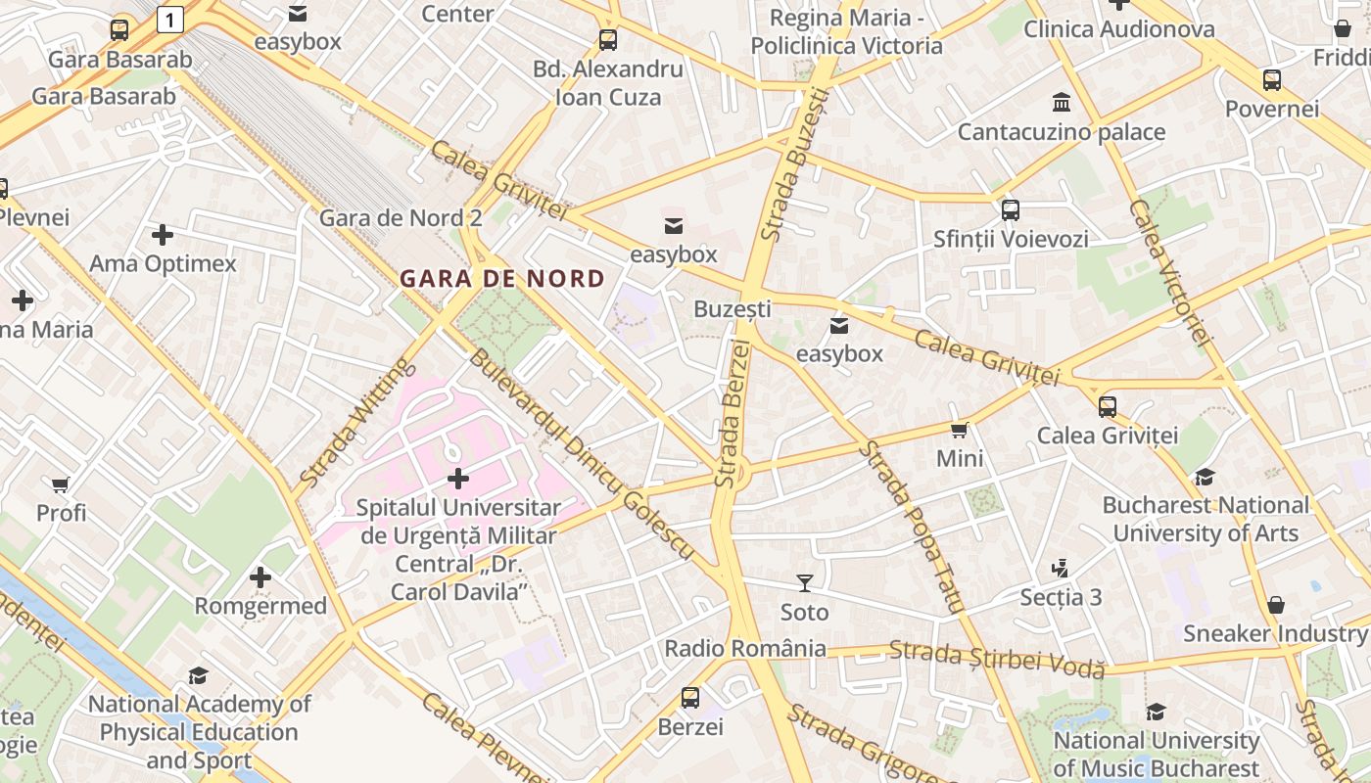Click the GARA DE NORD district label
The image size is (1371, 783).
(501, 278)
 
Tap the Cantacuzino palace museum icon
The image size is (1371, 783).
(1061, 103)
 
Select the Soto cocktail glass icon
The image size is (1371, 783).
(804, 583)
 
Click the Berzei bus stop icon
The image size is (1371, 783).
(690, 698)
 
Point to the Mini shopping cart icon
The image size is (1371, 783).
(960, 430)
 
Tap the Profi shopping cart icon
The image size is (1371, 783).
(61, 484)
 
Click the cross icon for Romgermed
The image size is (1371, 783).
(260, 577)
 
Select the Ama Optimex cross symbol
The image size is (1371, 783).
(163, 235)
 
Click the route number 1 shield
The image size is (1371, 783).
(170, 19)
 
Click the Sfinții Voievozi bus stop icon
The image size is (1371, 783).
(1011, 209)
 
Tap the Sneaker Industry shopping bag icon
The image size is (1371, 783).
(1275, 605)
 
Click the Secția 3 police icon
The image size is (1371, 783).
(1060, 568)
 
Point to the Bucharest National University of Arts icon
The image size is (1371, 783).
(1205, 477)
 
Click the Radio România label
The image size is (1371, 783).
(745, 648)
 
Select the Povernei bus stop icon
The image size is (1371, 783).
(1271, 80)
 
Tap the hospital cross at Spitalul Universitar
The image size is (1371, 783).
(457, 479)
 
